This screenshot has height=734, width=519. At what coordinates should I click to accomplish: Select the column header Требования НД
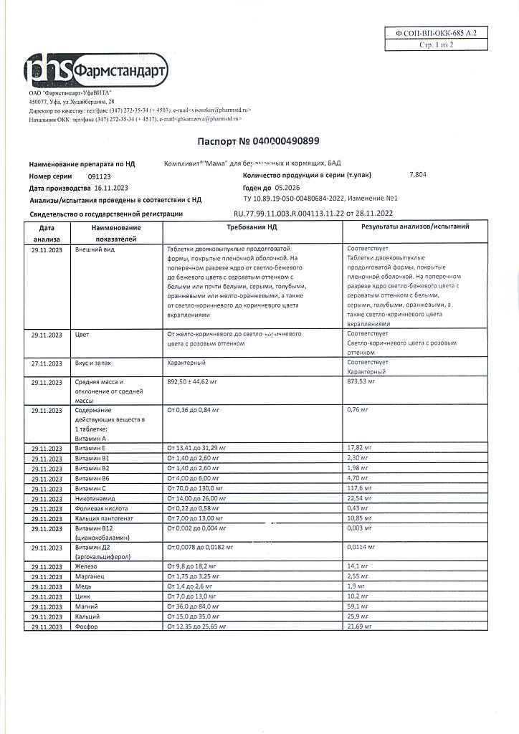click(252, 227)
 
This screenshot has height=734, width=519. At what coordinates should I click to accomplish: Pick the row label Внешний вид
click(95, 250)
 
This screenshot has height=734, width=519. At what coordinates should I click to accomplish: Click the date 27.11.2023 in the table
click(47, 363)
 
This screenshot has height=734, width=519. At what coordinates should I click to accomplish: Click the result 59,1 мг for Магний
click(357, 606)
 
